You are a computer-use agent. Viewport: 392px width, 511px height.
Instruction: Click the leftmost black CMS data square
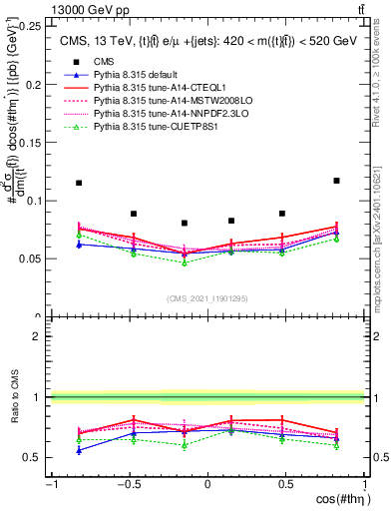79,183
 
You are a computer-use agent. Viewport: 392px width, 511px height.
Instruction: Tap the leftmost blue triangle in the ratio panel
79,450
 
